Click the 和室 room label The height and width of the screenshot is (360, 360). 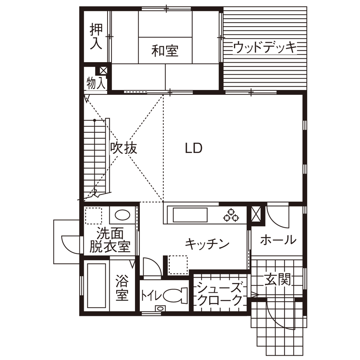coord(165,51)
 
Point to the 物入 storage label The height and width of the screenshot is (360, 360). coord(96,83)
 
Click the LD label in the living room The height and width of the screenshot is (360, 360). coord(193,148)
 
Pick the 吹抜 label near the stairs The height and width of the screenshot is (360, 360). coord(123,148)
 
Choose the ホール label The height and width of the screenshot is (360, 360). coord(278,240)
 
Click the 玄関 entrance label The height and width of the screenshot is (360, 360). coord(277,280)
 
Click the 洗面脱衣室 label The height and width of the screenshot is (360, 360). coord(110,240)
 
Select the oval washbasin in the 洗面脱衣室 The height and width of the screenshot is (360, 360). coord(123,216)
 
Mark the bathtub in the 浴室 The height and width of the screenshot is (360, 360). coord(96,285)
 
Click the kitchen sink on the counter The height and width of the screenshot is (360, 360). coord(189,214)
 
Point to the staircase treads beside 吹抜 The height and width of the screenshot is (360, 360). coord(95,156)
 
